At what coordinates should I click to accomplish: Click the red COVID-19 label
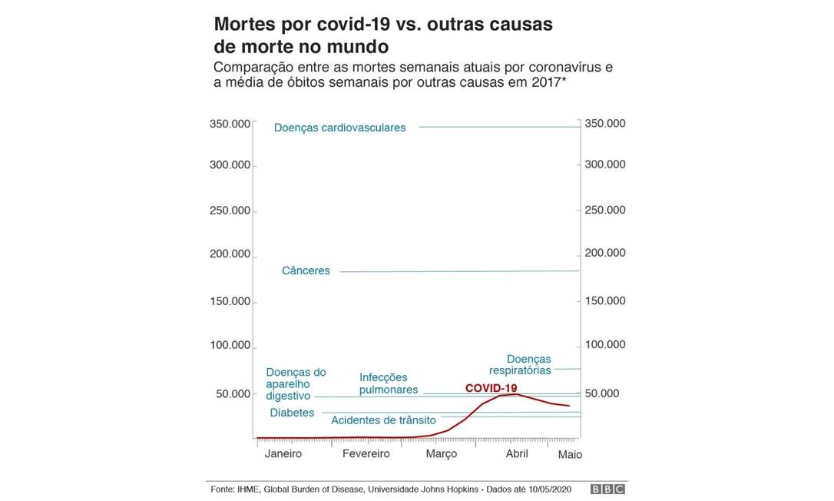pos(491,388)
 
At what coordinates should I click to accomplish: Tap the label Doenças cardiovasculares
pos(339,128)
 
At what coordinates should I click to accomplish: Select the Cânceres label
pos(306,270)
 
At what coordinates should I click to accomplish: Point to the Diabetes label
pos(292,413)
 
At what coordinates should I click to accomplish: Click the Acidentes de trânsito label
pos(383,420)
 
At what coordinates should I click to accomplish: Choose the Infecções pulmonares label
pos(389,383)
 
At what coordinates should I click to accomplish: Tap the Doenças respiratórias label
pos(528,364)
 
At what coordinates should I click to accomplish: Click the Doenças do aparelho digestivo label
pos(296,383)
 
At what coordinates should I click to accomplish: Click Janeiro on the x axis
pos(283,453)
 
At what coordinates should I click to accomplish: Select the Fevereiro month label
pos(366,453)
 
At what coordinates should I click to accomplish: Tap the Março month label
pos(441,453)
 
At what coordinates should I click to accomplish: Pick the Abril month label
pos(517,453)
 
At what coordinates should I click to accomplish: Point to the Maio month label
pos(570,454)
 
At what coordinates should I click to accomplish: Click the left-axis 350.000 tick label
pos(230,124)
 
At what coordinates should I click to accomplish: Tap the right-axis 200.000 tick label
pos(605,254)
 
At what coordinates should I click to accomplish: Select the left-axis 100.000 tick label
pos(230,345)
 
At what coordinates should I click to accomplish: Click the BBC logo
pos(607,489)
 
